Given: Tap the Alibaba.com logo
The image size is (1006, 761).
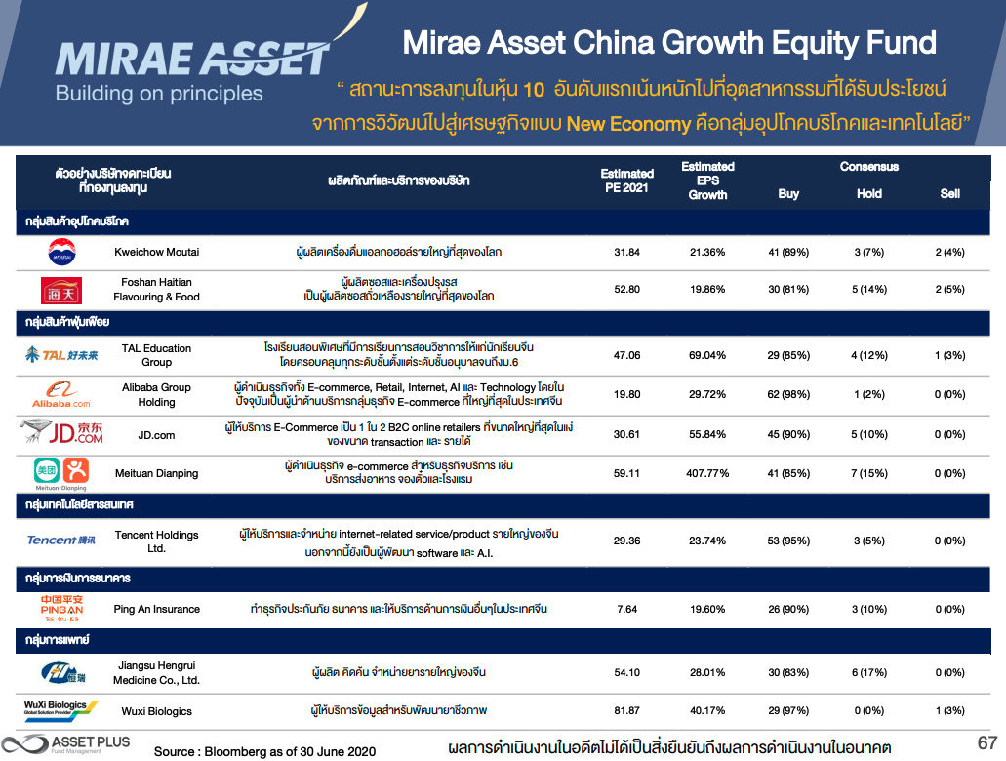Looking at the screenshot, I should (60, 393).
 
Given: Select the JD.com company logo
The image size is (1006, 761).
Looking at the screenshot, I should (60, 433).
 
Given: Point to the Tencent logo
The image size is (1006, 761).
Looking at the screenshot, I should (61, 540).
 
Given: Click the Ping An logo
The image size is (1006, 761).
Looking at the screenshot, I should (61, 608).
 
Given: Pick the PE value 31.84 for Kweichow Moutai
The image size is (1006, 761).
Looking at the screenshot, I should (626, 252).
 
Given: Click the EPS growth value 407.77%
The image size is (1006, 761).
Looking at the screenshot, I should (707, 473).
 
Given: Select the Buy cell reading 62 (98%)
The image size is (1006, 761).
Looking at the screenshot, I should (788, 394).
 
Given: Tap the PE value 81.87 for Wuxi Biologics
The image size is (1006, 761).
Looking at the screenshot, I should (626, 710).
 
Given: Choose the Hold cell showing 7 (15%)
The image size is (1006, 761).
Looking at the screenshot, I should (869, 473).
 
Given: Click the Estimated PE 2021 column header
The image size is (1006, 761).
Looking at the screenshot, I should (626, 180).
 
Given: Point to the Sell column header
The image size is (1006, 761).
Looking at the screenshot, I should (949, 193).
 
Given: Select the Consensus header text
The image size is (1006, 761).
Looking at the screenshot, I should (868, 167).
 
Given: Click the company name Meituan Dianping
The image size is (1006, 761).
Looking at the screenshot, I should (156, 473).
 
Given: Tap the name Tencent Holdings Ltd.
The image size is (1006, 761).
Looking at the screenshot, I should (156, 541).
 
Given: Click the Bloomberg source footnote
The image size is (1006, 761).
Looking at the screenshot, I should (264, 752).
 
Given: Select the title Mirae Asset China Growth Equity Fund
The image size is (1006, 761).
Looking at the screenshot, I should (669, 43).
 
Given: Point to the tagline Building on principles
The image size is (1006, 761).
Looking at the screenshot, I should (159, 95).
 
